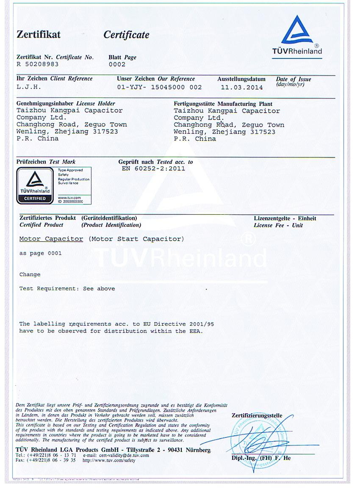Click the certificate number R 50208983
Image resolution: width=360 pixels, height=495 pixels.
pos(38,64)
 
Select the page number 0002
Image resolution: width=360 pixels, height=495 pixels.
pos(117,64)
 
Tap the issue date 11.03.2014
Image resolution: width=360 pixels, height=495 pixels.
pos(241,88)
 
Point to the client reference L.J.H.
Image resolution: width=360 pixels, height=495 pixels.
pos(29,87)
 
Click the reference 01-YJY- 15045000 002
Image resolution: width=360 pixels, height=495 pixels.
pos(159,87)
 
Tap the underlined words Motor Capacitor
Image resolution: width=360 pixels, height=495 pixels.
pos(51,239)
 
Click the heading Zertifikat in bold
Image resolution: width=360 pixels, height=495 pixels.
pos(39,35)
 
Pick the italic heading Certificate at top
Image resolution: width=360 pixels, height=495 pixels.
pos(126,35)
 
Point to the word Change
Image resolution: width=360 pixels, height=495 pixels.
pos(30,274)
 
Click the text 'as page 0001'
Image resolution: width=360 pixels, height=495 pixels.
pos(40,253)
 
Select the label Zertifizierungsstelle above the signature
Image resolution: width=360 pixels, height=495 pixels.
pos(257,415)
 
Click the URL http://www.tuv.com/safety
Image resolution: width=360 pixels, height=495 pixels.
pos(109,460)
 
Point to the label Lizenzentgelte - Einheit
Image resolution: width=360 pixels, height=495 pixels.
pos(285,218)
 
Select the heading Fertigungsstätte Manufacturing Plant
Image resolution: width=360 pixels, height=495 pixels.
pos(223,104)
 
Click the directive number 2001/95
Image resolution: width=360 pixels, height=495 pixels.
pos(199,324)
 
